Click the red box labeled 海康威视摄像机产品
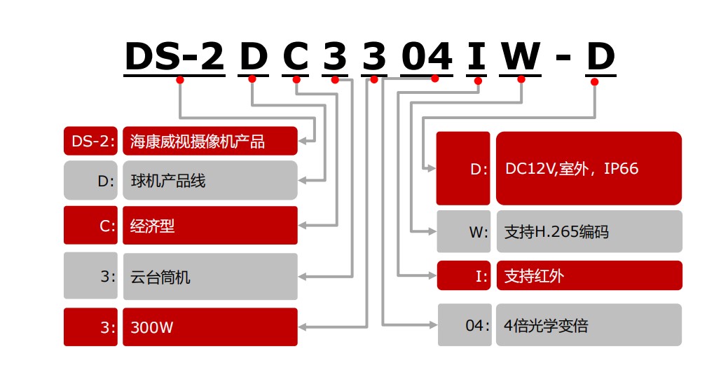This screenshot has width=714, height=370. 210,141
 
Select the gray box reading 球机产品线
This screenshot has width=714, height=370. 210,181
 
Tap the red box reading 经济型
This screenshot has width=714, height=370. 210,226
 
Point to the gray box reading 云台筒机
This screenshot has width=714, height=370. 210,277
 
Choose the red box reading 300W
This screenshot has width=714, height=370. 210,327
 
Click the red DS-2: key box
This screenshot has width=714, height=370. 91,141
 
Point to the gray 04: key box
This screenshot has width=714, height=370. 465,325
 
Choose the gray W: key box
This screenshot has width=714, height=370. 465,231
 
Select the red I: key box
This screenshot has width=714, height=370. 465,275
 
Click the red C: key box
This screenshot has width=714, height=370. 91,226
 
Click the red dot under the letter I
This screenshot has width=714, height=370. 479,81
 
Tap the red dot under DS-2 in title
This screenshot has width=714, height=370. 180,81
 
